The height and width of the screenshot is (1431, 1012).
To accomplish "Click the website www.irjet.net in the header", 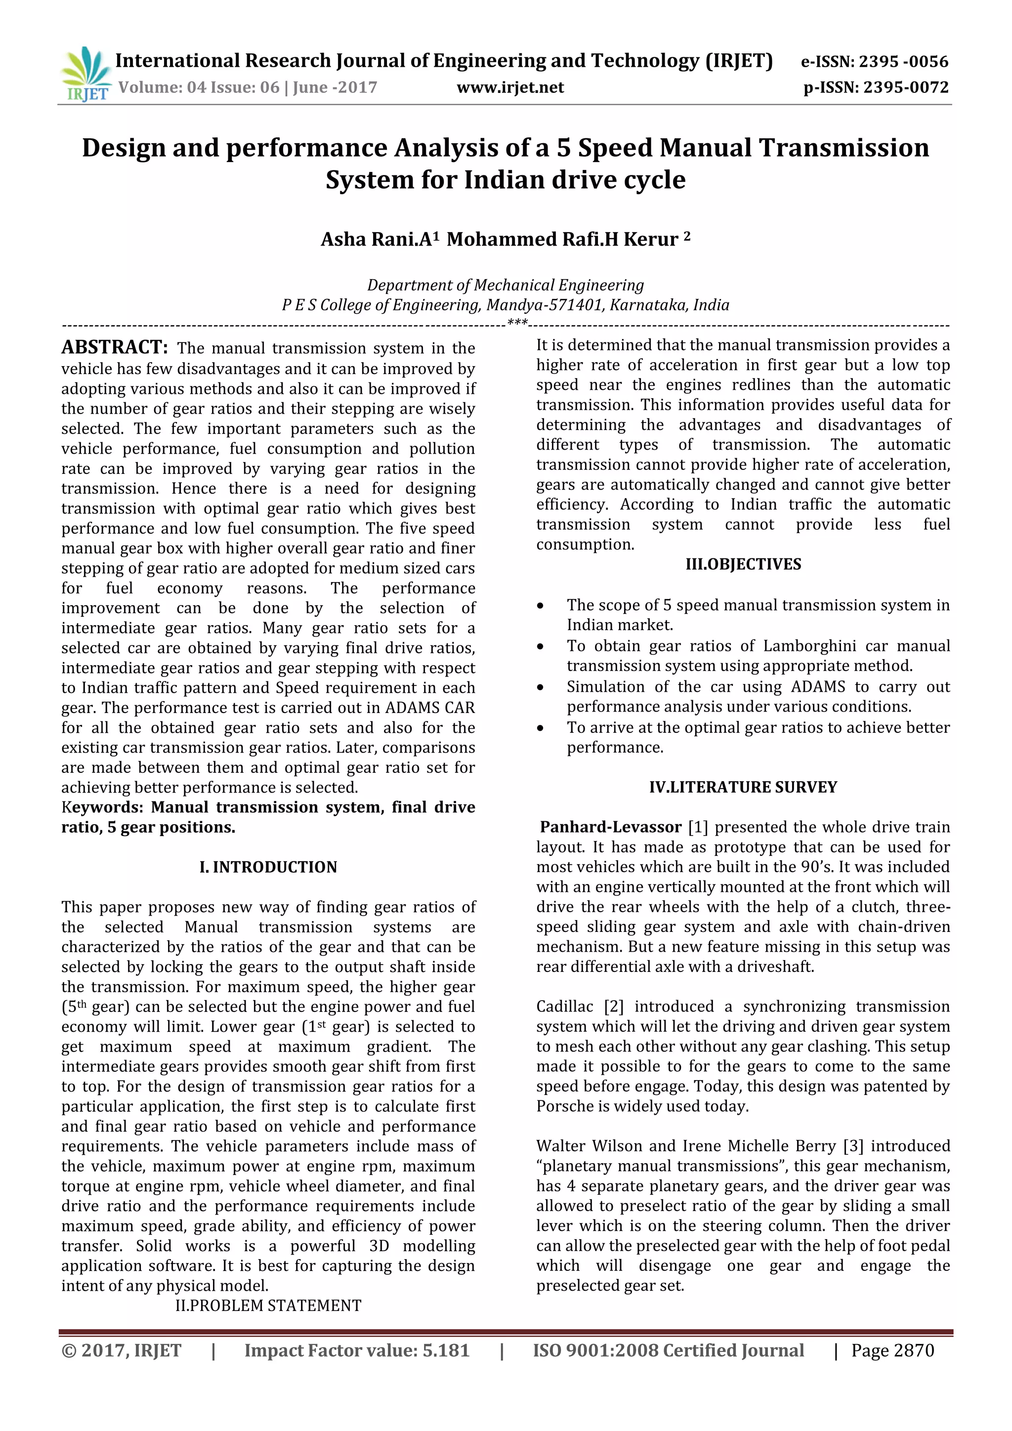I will (510, 87).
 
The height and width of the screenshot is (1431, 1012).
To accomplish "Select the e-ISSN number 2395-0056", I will (904, 62).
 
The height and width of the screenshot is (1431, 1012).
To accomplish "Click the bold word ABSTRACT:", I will (115, 347).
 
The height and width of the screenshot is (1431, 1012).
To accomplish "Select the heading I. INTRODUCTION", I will (268, 867).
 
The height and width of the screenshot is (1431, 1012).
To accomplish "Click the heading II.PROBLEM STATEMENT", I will (268, 1305).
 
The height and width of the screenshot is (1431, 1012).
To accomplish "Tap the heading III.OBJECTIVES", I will (743, 564).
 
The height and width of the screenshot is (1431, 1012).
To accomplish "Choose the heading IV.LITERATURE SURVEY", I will (743, 787).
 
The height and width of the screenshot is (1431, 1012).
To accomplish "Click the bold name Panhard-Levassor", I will (610, 827).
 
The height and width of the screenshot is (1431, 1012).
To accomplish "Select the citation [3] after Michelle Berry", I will (852, 1146).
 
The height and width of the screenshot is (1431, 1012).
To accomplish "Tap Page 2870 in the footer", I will (892, 1350).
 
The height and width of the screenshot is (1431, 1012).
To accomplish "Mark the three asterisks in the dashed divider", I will (517, 323).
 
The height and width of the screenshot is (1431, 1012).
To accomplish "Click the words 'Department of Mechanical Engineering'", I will (506, 286).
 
